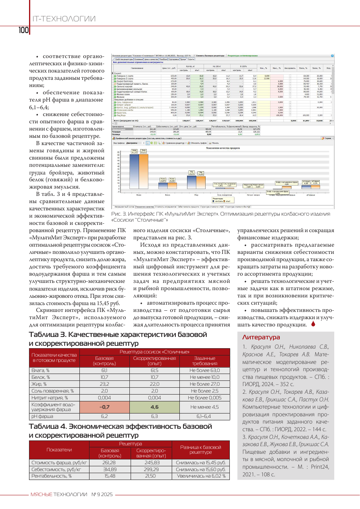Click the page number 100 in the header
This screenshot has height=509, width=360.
pos(23,30)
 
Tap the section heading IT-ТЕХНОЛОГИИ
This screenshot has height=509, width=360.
pos(63,19)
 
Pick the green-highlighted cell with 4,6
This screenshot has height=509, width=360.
pos(155,407)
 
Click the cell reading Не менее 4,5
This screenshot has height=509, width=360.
pos(204,407)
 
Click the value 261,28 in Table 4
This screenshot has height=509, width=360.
pos(104,463)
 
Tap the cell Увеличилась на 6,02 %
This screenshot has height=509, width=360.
pos(201,476)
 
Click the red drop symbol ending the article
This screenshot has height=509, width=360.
pos(313,324)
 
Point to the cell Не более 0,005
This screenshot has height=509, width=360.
pos(204,397)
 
